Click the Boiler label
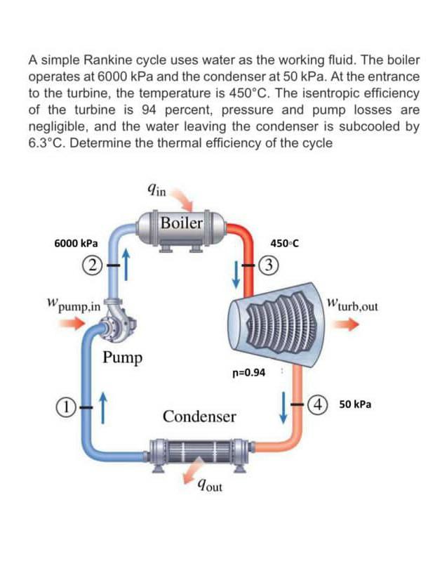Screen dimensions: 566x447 coord(181,223)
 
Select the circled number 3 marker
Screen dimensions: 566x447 coord(267,265)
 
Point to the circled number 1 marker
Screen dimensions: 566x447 coord(65,406)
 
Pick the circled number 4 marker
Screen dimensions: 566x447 coord(320,405)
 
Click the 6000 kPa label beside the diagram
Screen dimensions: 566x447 coord(76,243)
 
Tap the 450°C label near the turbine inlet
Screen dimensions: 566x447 coord(284,244)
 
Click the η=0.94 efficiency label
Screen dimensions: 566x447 coord(248,371)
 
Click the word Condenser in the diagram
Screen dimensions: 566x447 coord(199,416)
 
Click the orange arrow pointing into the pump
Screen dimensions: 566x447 coord(68,324)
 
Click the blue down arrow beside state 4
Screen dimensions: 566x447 coord(285,407)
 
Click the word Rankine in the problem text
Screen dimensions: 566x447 coord(116,60)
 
